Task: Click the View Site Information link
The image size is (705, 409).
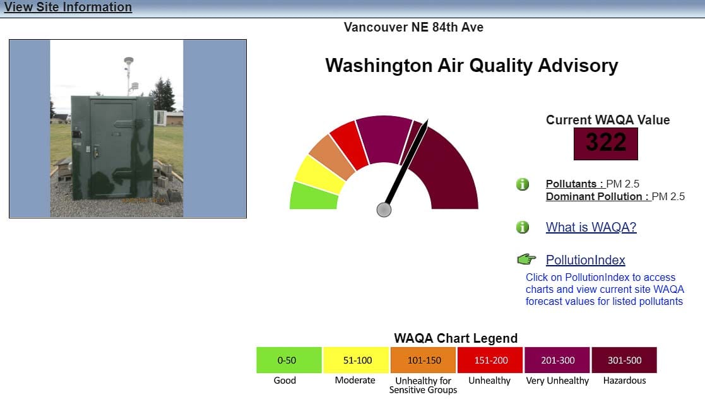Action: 68,7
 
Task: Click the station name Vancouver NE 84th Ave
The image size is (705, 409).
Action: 413,27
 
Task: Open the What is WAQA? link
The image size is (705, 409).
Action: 591,227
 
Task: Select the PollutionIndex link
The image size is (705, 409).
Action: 586,260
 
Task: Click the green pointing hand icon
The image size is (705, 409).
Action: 526,259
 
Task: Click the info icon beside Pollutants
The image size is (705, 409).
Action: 523,184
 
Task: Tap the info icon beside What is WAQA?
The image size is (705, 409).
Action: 523,227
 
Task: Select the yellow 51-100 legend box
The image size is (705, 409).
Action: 356,360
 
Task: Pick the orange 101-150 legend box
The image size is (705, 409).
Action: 423,360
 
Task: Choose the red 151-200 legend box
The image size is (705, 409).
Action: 490,360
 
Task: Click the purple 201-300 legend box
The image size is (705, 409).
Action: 557,360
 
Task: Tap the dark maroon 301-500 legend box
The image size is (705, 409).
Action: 624,360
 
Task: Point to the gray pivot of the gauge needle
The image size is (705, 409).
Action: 384,210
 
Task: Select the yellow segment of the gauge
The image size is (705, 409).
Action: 319,175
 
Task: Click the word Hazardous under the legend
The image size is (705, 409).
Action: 624,380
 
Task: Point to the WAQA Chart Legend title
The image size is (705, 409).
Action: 456,338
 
